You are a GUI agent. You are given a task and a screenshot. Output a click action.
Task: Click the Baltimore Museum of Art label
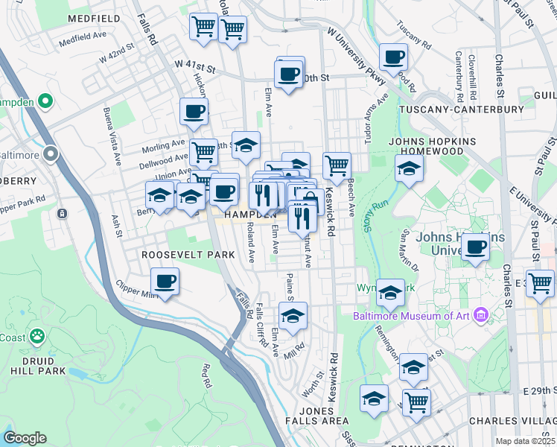[x=413, y=316]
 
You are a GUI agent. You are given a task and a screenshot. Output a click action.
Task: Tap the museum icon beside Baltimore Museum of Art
[x=481, y=316]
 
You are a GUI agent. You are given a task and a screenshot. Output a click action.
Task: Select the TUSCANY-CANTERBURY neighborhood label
[x=462, y=110]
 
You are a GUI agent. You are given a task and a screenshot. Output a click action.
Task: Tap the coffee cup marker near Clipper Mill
[x=165, y=282]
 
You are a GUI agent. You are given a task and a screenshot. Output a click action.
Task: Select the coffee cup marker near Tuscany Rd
[x=393, y=57]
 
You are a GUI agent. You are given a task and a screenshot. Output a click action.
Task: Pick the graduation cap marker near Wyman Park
[x=389, y=292]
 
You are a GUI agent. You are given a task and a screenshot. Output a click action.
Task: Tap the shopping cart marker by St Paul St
[x=540, y=282]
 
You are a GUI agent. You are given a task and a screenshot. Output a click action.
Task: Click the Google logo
[x=25, y=438]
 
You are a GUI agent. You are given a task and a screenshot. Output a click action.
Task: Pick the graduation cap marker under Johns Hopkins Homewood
[x=409, y=168]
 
